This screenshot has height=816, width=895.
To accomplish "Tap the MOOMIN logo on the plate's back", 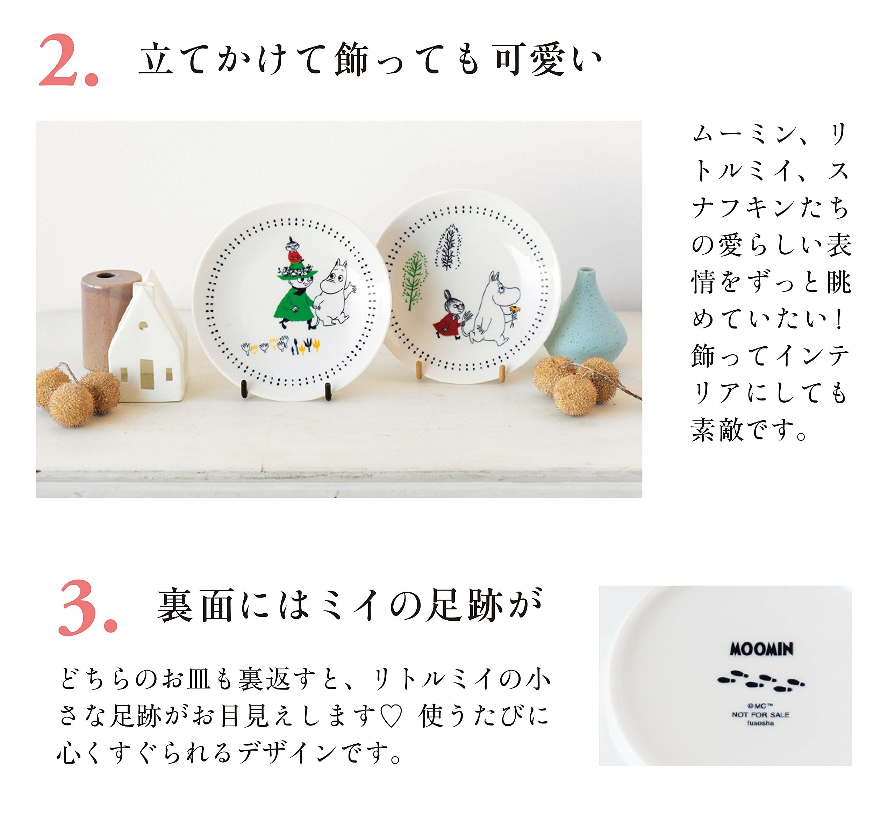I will pos(761,650).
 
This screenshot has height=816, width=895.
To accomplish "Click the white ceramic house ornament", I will pos(148,344).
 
